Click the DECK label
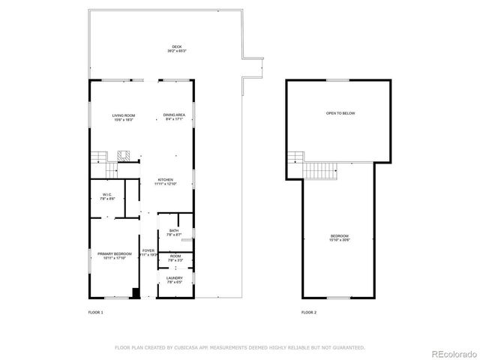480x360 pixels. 177,46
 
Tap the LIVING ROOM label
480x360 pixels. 123,115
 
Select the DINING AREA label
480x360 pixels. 175,115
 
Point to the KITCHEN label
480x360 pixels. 165,179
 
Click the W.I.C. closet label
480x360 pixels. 107,195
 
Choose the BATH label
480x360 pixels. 174,230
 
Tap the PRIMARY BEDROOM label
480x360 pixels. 115,254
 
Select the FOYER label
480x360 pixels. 148,250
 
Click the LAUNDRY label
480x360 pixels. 174,278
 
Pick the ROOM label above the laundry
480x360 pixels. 175,256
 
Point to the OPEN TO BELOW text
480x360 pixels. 340,113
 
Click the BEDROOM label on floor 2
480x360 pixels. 340,235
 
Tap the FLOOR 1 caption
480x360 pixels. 95,312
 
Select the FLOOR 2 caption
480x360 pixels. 309,312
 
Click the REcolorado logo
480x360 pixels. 447,352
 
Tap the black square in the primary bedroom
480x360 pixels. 135,292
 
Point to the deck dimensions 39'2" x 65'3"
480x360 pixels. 177,51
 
